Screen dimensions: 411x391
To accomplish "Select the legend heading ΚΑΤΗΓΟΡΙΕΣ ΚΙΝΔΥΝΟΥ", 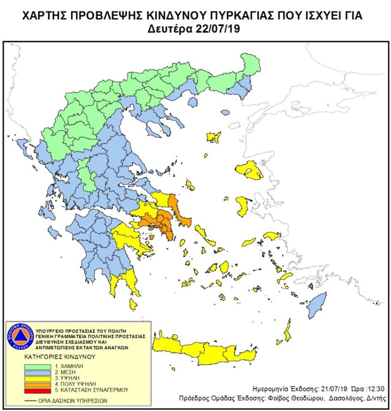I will point(61,356).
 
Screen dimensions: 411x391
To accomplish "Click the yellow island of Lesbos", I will point(250,170).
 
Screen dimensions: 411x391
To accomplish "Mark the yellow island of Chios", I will point(242,206).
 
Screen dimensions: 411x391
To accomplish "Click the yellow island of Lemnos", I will point(214,137).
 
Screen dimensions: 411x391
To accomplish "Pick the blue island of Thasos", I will point(193,102).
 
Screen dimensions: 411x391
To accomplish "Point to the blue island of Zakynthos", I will point(55,232).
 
